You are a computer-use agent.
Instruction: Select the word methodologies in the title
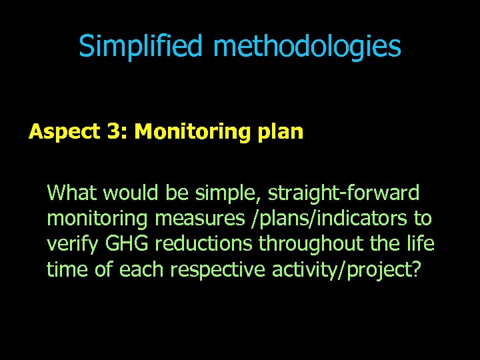point(307,47)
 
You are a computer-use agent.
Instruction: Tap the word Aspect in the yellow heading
point(63,132)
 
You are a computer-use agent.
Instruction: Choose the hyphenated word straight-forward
point(344,193)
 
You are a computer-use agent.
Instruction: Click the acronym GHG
point(118,244)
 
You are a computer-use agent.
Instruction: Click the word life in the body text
point(420,244)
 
